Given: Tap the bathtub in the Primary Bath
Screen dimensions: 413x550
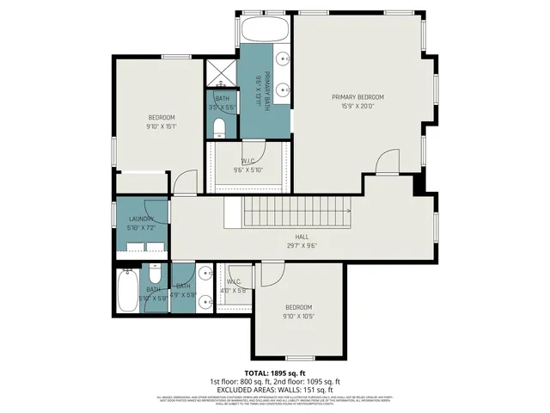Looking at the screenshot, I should tap(266, 31).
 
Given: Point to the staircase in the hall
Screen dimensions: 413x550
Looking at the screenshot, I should tap(296, 212).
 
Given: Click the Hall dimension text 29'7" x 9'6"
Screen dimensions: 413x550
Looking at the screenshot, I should tap(302, 244).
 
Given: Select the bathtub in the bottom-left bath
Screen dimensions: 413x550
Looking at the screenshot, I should tap(125, 290).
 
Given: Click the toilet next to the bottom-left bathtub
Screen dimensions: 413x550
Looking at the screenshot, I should tap(155, 277).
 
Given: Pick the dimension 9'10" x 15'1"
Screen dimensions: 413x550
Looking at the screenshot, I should tap(162, 126).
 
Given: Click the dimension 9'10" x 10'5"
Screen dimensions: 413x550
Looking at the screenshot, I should tap(298, 316).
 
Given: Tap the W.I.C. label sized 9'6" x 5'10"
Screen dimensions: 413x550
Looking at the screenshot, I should tap(247, 170).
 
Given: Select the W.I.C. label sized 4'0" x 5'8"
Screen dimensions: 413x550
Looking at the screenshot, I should tap(234, 290).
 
